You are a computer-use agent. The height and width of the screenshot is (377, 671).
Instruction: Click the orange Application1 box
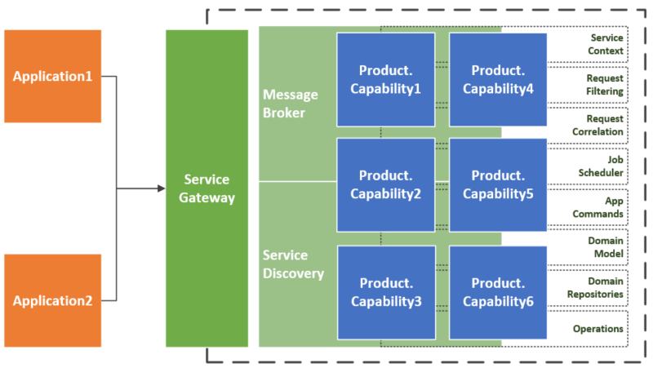click(53, 77)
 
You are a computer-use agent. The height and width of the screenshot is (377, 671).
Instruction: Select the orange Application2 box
click(53, 300)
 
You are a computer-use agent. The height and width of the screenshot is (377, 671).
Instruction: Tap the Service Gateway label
click(207, 188)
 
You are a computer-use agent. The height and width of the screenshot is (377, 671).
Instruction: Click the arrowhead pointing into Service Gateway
click(161, 188)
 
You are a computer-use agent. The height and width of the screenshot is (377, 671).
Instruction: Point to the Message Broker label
click(291, 104)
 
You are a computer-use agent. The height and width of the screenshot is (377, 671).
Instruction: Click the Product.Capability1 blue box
click(385, 79)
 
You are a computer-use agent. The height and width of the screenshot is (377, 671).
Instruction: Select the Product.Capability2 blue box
click(385, 184)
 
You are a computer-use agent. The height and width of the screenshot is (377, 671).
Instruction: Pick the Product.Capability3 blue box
click(385, 292)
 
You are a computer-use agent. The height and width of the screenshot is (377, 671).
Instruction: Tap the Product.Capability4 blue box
click(498, 79)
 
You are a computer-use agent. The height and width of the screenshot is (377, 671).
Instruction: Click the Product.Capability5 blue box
click(498, 184)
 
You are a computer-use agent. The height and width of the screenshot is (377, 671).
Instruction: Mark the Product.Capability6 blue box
click(498, 292)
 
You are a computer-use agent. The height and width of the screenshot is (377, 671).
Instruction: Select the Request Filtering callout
click(604, 85)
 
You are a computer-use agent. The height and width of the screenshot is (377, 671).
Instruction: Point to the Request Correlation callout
click(604, 125)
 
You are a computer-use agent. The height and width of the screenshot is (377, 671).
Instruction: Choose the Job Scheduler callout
click(604, 166)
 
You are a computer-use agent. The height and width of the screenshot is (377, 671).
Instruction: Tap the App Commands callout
click(604, 207)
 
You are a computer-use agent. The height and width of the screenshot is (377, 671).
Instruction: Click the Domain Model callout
click(605, 247)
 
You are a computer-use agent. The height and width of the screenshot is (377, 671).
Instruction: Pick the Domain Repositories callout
click(604, 287)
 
